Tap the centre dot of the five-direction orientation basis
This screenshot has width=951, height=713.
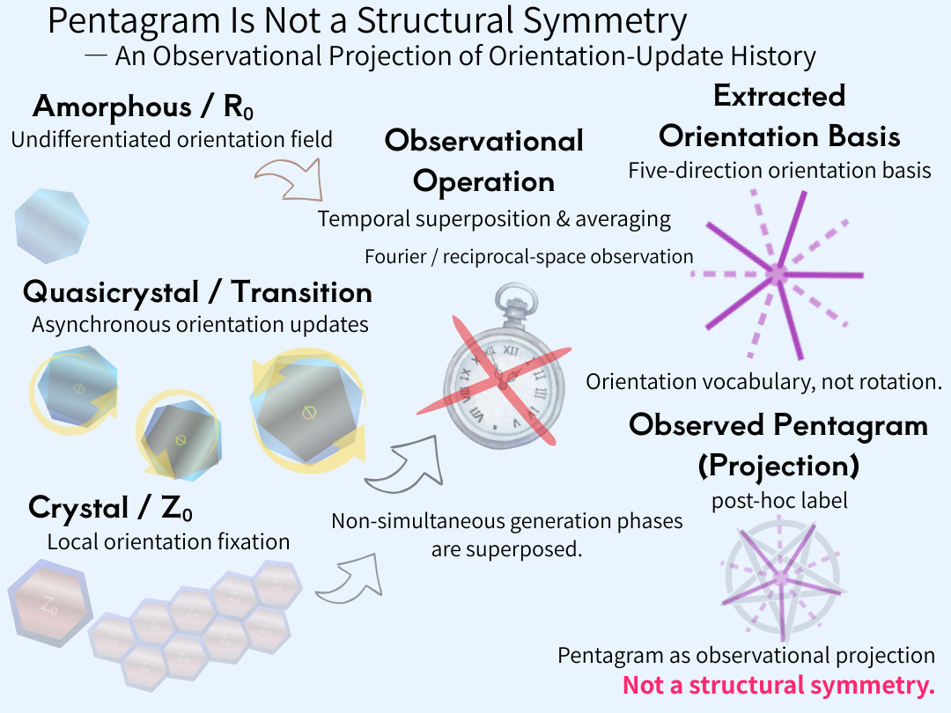tap(776, 275)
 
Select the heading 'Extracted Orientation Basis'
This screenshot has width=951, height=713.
tap(779, 116)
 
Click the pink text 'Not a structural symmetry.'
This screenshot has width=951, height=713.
tap(778, 686)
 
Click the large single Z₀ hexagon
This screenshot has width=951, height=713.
tap(48, 606)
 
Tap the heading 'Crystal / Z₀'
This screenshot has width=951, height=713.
tap(111, 508)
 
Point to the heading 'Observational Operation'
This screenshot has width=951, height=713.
tap(483, 160)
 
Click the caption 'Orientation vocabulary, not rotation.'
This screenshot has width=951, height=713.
tap(764, 383)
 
